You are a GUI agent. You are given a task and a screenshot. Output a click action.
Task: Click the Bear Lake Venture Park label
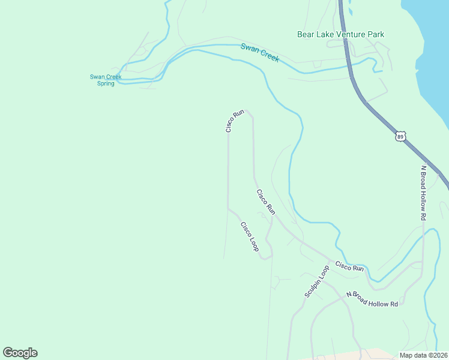click(x=340, y=34)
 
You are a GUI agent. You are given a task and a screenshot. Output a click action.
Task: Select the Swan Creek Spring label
click(x=106, y=80)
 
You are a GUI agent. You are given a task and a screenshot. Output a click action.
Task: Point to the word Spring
click(x=106, y=83)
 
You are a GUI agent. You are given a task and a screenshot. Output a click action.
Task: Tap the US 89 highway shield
click(x=400, y=137)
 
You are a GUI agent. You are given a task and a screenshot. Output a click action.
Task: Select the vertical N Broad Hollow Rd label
click(x=423, y=193)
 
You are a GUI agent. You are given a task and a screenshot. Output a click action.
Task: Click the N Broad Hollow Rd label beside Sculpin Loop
click(x=372, y=299)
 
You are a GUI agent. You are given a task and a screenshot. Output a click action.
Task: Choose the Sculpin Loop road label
click(x=317, y=282)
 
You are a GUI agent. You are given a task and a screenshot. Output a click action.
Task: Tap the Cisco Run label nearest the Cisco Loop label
click(x=265, y=202)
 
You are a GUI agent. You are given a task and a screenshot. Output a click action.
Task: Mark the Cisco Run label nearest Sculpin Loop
click(x=349, y=266)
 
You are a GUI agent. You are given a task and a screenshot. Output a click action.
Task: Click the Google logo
click(x=20, y=353)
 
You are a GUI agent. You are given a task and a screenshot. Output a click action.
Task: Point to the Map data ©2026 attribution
click(x=424, y=355)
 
